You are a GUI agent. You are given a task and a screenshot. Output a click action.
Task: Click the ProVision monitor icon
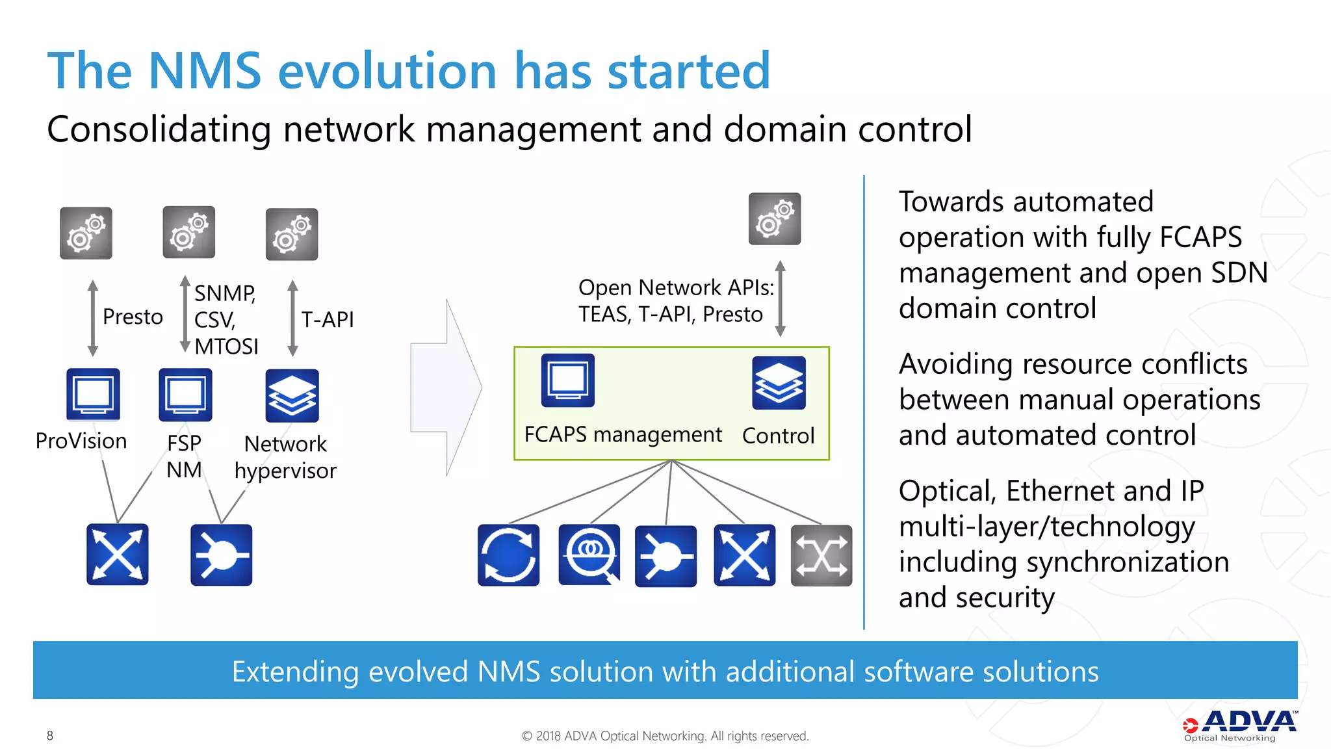93,395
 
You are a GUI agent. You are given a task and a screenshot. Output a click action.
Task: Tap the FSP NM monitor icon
185,395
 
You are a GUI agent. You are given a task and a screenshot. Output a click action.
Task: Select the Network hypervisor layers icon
292,395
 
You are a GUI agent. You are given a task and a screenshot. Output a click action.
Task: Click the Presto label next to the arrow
133,317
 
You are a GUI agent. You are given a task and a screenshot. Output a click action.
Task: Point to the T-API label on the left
328,319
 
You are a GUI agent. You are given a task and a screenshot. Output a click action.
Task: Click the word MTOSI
226,347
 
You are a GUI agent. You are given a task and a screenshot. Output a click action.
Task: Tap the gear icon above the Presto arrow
86,233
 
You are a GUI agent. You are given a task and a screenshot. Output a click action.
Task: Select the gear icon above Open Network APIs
774,219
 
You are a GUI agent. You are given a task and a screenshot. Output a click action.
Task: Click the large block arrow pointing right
447,388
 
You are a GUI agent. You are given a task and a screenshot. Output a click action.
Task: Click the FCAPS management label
623,434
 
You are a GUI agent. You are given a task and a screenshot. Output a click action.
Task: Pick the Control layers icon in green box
779,383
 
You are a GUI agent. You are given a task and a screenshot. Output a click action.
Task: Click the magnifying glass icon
589,555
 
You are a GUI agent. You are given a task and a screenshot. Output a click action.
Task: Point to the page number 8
50,735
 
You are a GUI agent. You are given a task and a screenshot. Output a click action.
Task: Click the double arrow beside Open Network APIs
781,298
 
